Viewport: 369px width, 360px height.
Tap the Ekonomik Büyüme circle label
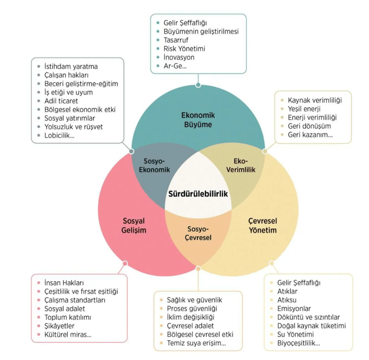click(197, 120)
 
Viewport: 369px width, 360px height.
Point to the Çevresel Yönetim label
click(262, 225)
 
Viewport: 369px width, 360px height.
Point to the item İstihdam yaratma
click(71, 66)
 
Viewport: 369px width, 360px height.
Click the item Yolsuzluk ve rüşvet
click(74, 126)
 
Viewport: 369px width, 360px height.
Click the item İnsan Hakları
click(64, 283)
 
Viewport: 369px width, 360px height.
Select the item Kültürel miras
click(68, 334)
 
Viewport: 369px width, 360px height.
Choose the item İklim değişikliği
click(190, 317)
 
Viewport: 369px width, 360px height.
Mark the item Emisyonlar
click(294, 309)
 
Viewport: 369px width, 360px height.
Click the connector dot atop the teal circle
click(198, 85)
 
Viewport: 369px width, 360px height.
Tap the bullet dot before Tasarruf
click(158, 40)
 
